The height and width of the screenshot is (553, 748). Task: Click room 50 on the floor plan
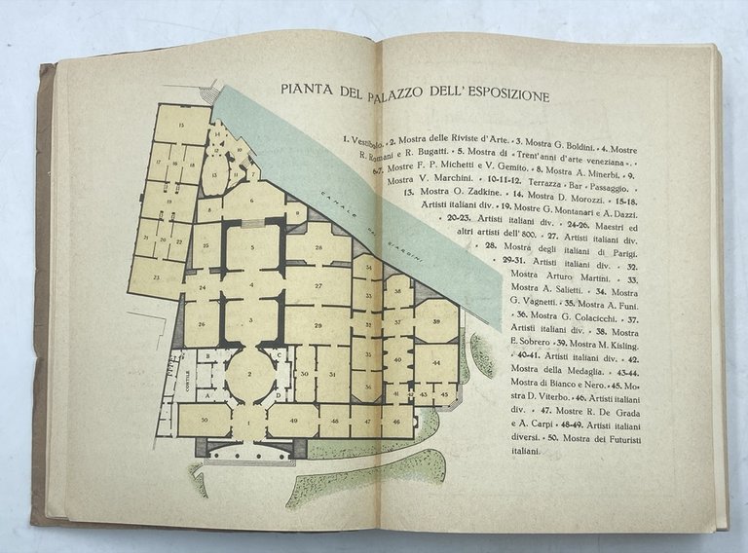204,419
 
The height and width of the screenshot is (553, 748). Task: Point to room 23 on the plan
156,276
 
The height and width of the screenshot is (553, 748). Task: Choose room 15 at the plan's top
181,126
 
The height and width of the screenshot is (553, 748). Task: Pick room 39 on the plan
436,321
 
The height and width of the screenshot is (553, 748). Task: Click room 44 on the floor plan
434,362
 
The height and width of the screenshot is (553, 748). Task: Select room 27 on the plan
318,285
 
